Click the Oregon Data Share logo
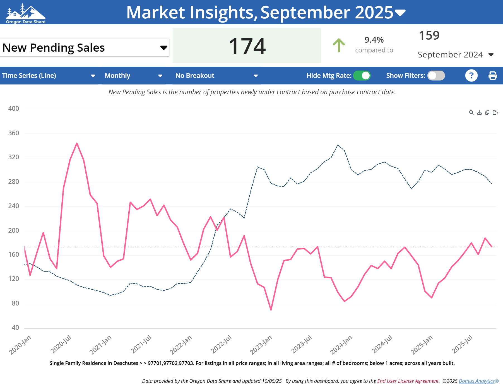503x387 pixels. (25, 13)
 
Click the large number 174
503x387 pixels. (247, 46)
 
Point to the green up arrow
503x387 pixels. (339, 45)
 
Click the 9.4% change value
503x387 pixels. (374, 40)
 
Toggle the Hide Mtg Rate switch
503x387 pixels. (362, 76)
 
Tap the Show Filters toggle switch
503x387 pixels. (436, 76)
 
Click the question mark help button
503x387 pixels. (471, 76)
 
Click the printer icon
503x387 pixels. (492, 76)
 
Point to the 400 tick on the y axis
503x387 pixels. (14, 109)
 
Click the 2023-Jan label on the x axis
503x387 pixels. (261, 345)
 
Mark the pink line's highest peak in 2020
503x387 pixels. (77, 143)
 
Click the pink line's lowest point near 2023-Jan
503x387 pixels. (271, 310)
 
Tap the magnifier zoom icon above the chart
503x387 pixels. (471, 112)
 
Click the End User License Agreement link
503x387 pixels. (408, 381)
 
